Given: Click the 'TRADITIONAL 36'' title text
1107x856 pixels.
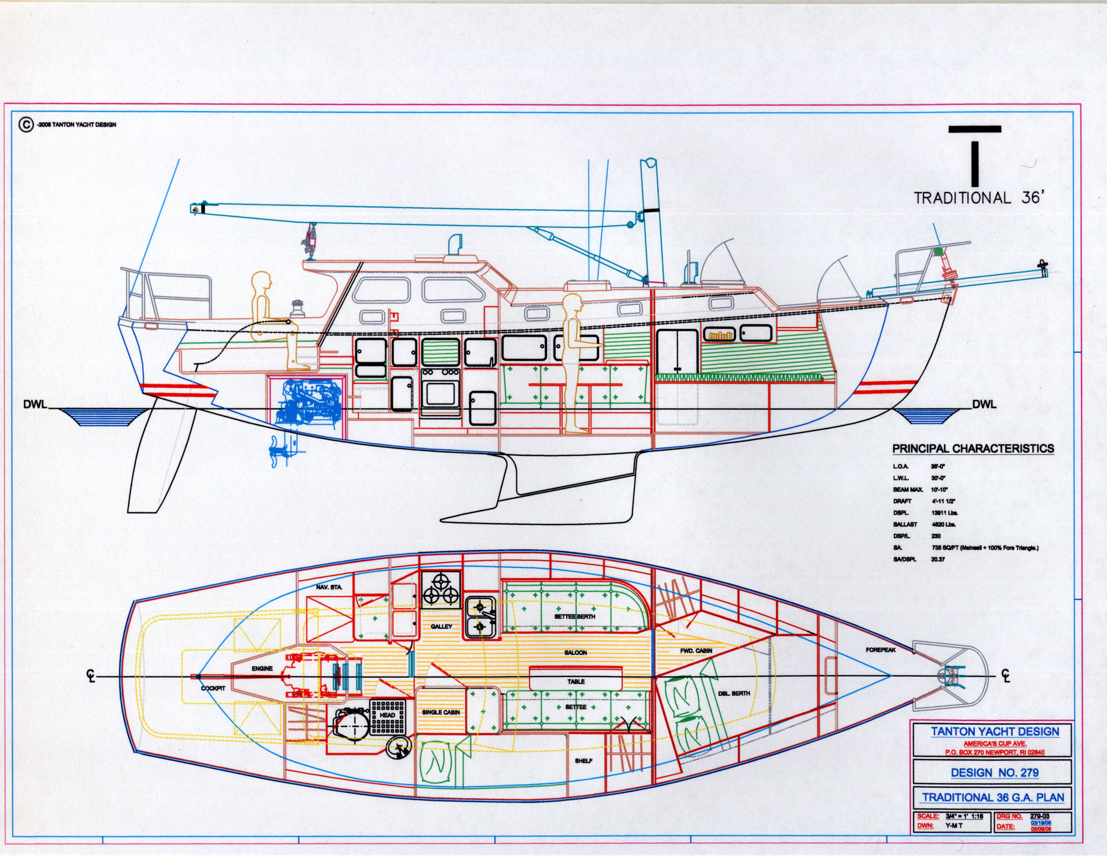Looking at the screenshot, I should point(978,198).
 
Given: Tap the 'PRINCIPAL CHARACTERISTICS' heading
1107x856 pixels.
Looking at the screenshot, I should point(973,449).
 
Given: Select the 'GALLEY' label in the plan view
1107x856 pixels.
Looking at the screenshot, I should point(441,627).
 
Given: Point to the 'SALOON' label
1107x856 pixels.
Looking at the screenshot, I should point(575,653).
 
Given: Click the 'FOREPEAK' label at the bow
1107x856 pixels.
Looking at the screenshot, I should point(880,650).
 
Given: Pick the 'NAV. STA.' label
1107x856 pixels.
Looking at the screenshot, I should point(329,587).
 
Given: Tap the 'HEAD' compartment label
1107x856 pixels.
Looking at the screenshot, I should point(387,715).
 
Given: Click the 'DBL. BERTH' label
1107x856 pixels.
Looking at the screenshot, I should point(733,693).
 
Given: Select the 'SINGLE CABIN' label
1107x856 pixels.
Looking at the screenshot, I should point(441,712).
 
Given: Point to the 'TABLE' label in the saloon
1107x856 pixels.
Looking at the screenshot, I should point(576,681).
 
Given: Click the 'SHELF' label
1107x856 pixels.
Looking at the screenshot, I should point(584,761).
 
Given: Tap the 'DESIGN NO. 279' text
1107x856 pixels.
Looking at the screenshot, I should point(995,773).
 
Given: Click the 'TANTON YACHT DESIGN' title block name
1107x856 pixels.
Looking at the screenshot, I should point(995,732).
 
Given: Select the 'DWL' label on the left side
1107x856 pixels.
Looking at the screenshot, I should point(35,405).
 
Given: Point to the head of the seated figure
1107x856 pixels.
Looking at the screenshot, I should point(262,281).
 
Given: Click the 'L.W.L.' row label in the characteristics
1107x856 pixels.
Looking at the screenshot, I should point(901,478).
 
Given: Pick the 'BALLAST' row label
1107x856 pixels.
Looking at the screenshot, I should point(905,524).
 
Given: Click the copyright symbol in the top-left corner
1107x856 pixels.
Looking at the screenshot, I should point(25,124).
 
